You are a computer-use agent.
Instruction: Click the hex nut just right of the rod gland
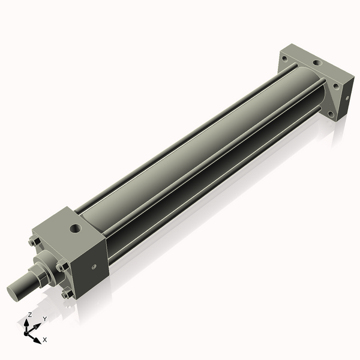pos(61,267)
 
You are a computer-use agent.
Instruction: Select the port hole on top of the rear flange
pos(316,62)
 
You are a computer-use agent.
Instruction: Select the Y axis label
pos(44,319)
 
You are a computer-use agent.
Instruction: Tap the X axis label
pos(45,340)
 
